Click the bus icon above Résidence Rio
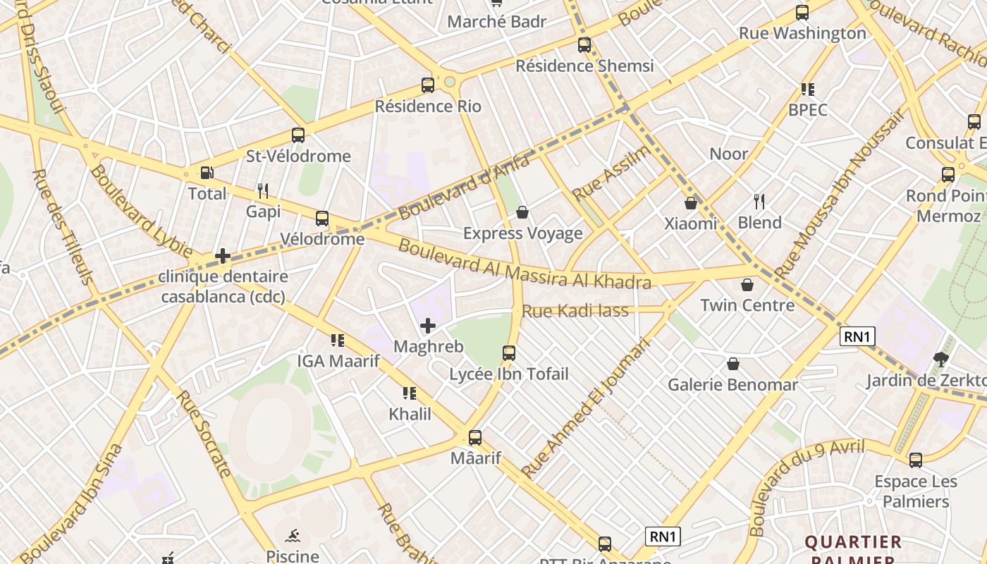click(428, 85)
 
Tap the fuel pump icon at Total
click(207, 173)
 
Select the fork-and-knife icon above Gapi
click(263, 190)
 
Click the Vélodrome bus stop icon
click(322, 219)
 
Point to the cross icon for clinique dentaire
click(223, 256)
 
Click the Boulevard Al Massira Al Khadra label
click(524, 264)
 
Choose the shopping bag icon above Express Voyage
click(522, 212)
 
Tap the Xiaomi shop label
click(691, 223)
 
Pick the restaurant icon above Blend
click(759, 202)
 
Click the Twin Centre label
click(747, 305)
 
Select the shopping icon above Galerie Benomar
click(733, 364)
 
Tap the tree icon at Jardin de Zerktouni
click(940, 360)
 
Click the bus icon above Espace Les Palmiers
click(916, 460)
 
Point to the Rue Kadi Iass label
click(575, 310)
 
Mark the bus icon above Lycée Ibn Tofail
click(509, 353)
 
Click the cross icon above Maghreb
click(428, 326)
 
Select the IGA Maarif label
click(338, 362)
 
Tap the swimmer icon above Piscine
click(293, 535)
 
